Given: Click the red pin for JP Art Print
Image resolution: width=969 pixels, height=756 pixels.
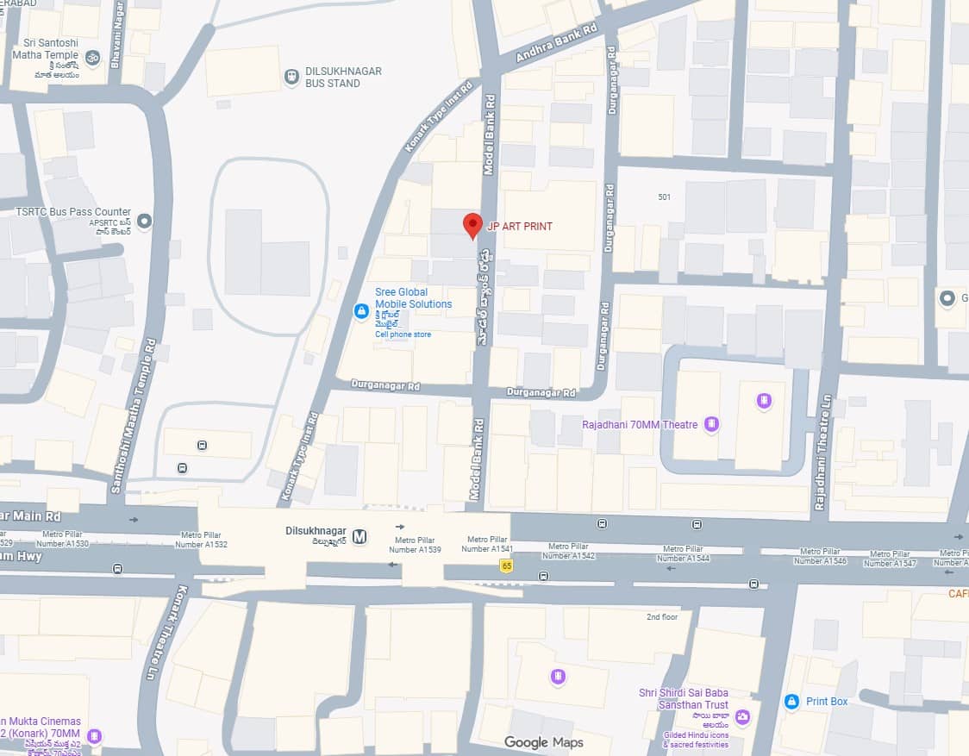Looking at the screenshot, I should [472, 225].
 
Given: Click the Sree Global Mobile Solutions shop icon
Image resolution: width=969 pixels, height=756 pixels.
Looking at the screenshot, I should [362, 310].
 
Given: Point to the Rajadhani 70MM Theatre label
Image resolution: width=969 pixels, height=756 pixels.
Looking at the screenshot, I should [640, 425].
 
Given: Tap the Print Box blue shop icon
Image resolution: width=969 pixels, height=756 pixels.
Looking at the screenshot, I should [791, 702].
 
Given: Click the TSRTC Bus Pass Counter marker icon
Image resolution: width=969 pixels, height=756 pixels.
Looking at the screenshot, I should [145, 222].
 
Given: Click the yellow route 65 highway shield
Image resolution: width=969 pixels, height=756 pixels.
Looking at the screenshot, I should [505, 565].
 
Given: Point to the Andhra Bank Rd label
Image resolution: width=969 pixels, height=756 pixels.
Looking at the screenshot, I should [556, 43].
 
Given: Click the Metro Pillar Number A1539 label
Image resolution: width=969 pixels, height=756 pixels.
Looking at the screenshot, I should [415, 544].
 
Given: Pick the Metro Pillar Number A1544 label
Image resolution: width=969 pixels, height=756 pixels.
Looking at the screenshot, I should [686, 553].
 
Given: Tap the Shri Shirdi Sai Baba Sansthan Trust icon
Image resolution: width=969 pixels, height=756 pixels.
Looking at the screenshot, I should [742, 716].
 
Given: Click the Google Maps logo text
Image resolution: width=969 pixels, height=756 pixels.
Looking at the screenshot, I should [543, 742].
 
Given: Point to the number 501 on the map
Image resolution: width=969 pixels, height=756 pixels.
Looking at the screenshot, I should [664, 197].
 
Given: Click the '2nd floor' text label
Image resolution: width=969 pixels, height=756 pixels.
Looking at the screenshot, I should [662, 617].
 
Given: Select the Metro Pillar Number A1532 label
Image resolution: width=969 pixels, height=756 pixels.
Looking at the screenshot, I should [201, 540].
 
